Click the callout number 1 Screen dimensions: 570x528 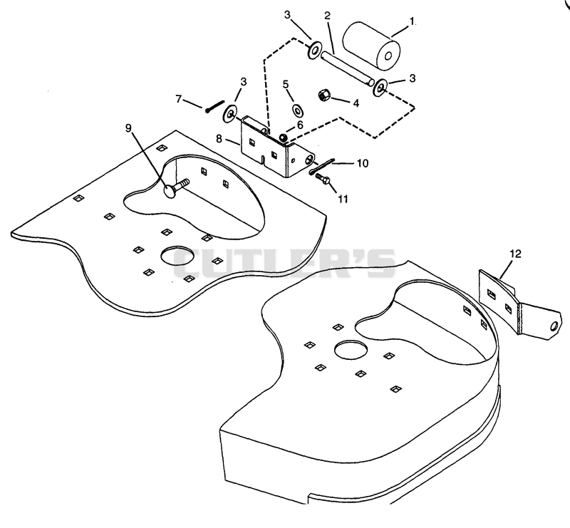click(x=412, y=22)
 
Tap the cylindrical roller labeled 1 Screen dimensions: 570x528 click(x=371, y=46)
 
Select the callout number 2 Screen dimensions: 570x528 click(x=327, y=16)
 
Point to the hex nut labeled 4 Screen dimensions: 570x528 click(x=323, y=95)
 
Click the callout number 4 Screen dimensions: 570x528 click(x=356, y=103)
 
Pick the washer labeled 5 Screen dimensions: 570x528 click(x=298, y=110)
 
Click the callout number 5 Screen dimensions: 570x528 click(x=286, y=84)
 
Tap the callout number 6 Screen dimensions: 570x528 click(x=300, y=125)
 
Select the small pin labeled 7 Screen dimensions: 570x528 click(x=214, y=106)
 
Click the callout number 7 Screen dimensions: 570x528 click(x=179, y=99)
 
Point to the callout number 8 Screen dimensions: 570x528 click(x=219, y=138)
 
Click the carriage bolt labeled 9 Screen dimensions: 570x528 click(x=176, y=187)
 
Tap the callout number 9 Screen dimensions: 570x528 click(x=128, y=128)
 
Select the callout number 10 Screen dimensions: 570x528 click(x=363, y=163)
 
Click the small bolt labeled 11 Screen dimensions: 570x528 click(x=322, y=178)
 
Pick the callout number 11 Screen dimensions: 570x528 click(x=343, y=199)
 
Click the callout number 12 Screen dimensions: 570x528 click(x=515, y=254)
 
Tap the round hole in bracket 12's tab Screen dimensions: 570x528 click(x=554, y=326)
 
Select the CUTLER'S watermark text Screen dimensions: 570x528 click(x=284, y=263)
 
